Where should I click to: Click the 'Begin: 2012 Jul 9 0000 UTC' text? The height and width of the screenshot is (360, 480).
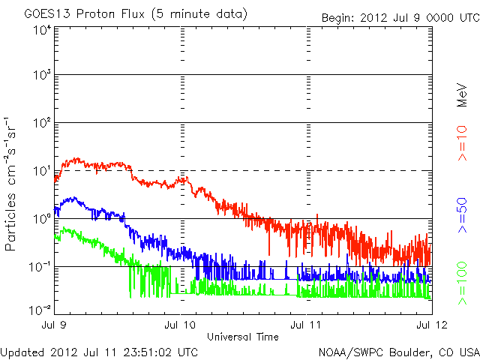(399, 17)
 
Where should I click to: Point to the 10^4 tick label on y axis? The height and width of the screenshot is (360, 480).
(41, 30)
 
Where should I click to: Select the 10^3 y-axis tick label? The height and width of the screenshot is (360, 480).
(41, 75)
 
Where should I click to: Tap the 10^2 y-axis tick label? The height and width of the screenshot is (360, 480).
(41, 123)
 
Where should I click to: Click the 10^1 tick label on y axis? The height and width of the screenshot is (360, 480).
(41, 171)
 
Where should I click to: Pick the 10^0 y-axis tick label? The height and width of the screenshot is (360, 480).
(41, 219)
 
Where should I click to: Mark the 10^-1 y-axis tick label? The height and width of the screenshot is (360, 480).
(40, 267)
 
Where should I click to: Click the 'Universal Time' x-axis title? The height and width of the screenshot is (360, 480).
(243, 335)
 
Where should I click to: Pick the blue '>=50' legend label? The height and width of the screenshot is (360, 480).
(463, 213)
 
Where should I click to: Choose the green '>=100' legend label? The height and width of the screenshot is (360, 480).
(463, 285)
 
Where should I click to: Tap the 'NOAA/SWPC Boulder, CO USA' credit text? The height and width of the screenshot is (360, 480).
(398, 351)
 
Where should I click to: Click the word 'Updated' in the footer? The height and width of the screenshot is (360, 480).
(22, 351)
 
